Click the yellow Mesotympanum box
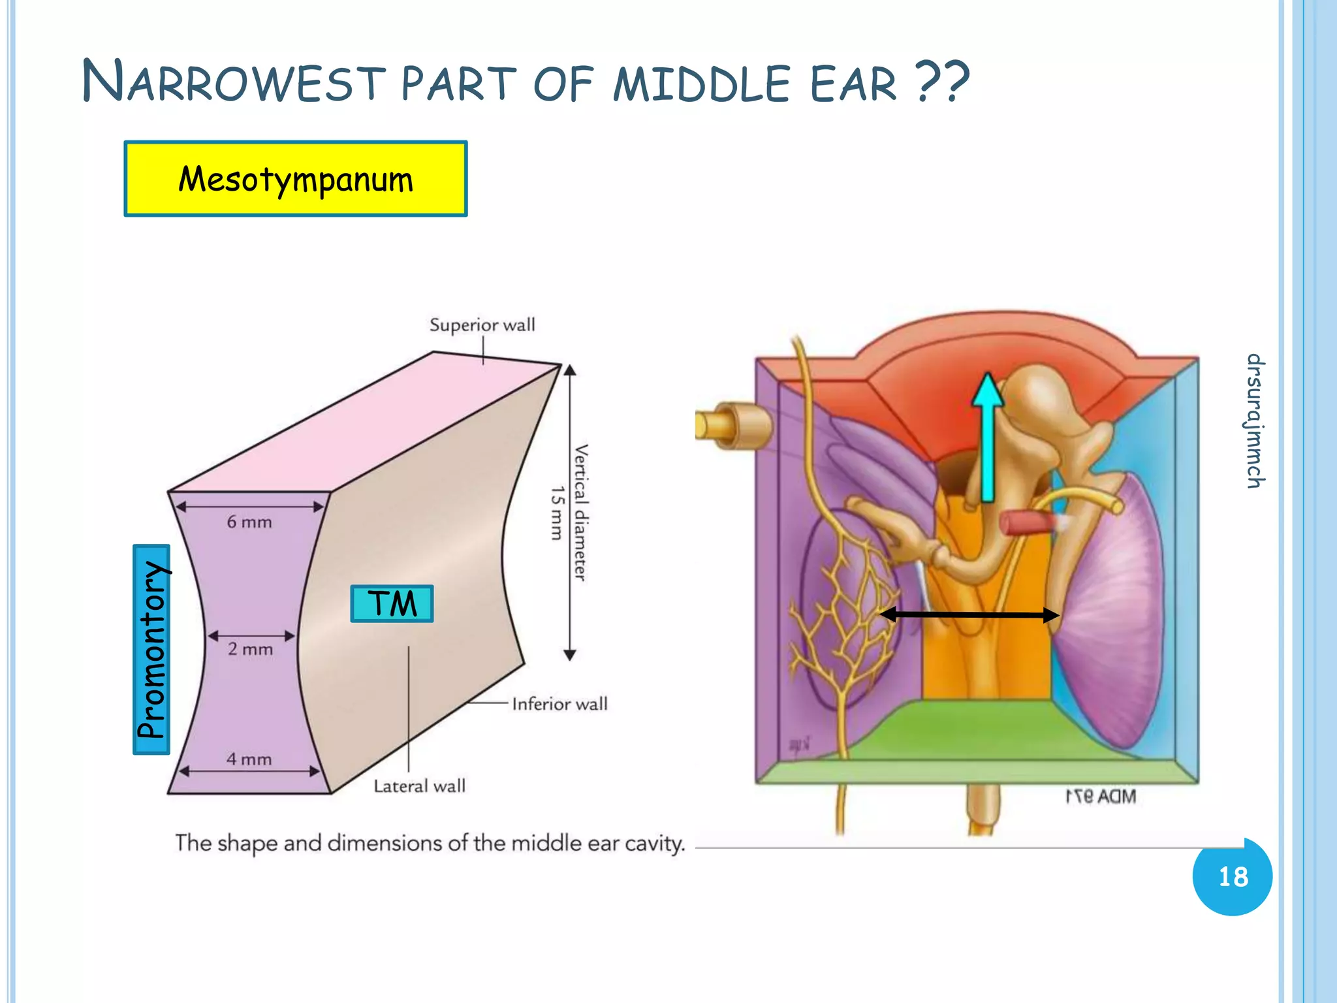295,179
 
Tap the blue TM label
392,603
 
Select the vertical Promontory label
151,650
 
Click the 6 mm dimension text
249,522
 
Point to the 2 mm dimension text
251,649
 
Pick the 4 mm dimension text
249,759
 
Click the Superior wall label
482,325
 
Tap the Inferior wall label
559,704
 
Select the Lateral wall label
420,786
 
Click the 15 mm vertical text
556,513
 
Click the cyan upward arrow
987,438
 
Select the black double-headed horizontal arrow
969,614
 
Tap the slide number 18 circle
1232,876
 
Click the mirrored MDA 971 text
1101,797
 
